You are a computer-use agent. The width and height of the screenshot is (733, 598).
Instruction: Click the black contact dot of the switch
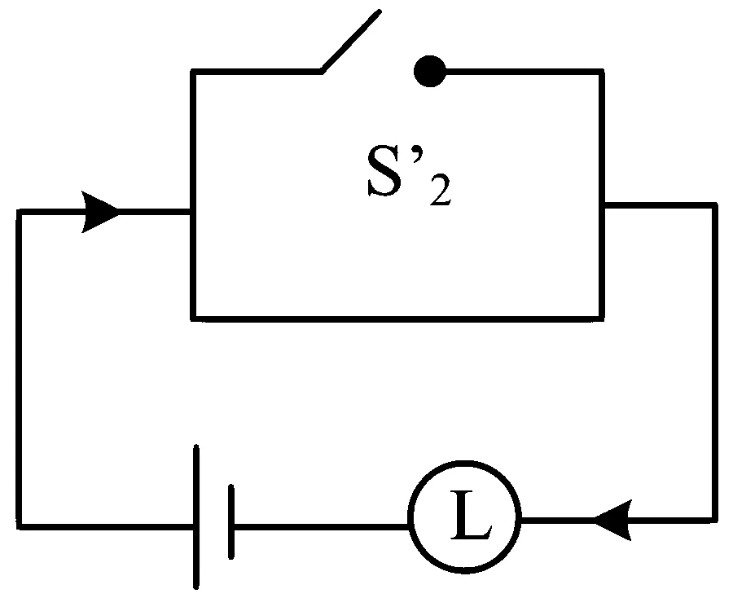[429, 71]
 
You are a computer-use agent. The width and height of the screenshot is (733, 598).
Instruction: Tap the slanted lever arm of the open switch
[350, 42]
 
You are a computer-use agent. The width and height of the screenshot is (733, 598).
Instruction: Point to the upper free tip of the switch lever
[380, 11]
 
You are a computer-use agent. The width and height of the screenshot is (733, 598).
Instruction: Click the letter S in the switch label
[384, 171]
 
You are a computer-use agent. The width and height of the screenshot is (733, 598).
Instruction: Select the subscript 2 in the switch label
[441, 189]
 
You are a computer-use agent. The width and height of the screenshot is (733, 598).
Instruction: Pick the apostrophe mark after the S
[415, 154]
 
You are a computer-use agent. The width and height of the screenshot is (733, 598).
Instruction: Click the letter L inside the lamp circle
[471, 515]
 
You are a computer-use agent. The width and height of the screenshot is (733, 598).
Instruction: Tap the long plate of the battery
[196, 517]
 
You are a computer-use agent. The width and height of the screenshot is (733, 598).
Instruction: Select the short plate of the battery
[231, 521]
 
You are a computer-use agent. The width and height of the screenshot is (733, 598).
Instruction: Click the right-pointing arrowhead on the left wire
[99, 212]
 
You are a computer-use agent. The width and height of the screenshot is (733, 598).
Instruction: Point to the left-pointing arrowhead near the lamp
[613, 520]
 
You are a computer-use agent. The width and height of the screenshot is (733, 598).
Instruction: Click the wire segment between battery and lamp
[322, 527]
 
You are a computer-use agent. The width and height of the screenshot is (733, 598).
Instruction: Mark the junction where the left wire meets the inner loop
[193, 212]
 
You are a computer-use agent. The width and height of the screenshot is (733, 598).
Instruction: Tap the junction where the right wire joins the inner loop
[602, 205]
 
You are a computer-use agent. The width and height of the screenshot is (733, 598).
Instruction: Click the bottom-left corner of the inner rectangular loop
[193, 319]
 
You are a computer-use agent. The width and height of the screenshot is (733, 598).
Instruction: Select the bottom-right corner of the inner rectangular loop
[602, 319]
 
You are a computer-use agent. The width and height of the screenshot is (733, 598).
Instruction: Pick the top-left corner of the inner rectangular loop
[193, 72]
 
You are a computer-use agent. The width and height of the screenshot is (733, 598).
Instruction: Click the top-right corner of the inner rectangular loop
[602, 72]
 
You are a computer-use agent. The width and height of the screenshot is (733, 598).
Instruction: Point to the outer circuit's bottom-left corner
[20, 526]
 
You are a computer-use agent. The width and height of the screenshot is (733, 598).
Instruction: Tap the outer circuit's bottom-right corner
[715, 520]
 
